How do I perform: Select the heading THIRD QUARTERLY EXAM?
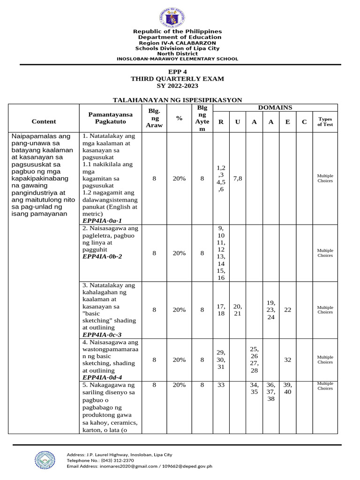177,79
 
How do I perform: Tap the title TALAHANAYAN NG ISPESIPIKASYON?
177,100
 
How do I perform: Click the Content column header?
44,121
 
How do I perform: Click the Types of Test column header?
325,122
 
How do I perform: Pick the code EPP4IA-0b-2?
102,256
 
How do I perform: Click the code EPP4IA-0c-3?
102,335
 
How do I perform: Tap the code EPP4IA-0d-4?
102,377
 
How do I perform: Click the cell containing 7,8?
237,178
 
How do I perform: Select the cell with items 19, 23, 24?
270,310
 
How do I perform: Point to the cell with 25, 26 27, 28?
254,360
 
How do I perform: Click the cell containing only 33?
221,385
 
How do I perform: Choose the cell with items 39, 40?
287,388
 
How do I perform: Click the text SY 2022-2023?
177,86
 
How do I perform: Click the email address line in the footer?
140,466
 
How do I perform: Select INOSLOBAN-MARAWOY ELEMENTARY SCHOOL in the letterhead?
177,59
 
